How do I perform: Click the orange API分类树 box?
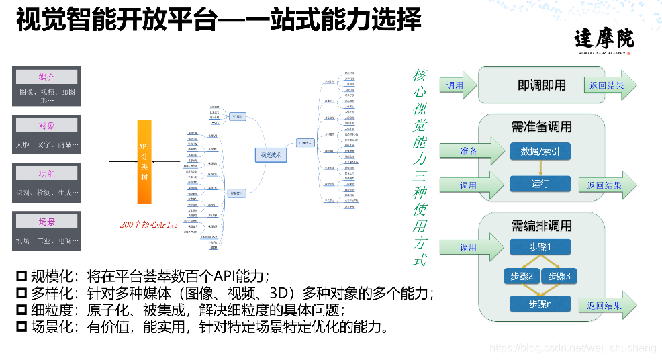[x=144, y=161]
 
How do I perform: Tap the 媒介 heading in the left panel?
[x=47, y=77]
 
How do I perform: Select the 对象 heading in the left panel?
[x=47, y=125]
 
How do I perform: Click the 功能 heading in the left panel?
[x=47, y=173]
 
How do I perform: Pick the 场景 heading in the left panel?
[x=47, y=222]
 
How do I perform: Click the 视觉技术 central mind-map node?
[x=270, y=155]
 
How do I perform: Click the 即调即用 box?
[x=542, y=85]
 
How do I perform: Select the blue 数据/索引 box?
[x=540, y=152]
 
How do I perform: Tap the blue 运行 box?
[x=540, y=184]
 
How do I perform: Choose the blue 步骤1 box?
[x=540, y=247]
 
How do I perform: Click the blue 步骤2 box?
[x=521, y=276]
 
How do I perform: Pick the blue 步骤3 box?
[x=559, y=276]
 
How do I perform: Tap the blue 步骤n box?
[x=540, y=304]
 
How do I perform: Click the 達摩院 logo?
[x=604, y=40]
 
